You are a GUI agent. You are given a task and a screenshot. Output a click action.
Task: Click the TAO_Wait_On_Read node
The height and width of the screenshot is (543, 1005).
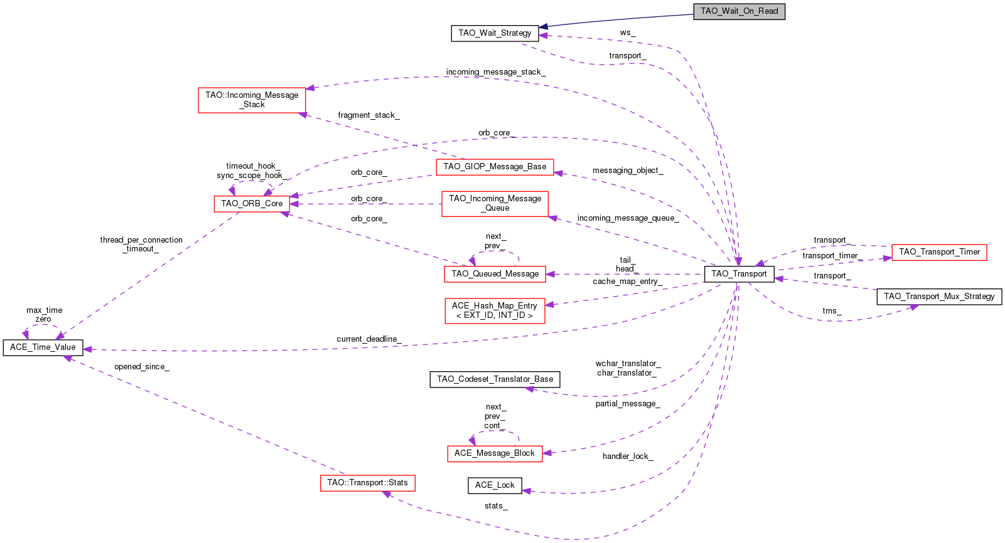point(739,11)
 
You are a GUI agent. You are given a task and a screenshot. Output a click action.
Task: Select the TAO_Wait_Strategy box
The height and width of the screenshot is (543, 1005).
point(495,33)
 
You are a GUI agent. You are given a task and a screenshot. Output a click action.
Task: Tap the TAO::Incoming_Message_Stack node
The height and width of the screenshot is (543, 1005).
point(252,100)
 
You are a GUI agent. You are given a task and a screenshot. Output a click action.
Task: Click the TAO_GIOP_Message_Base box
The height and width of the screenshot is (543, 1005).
point(495,167)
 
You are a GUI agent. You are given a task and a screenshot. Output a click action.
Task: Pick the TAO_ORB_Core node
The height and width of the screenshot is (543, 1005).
point(252,203)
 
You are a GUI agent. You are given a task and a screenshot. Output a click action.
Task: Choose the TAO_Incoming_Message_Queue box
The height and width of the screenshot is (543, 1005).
point(495,203)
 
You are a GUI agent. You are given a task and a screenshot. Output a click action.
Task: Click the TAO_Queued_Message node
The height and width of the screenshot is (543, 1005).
point(495,273)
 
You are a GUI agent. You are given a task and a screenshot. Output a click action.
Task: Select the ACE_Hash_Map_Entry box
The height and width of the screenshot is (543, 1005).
point(495,310)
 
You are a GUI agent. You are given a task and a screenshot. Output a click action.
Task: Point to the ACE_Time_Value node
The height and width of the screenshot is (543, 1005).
point(43,347)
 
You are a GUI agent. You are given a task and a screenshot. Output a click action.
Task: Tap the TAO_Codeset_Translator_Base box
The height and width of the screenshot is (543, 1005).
point(495,379)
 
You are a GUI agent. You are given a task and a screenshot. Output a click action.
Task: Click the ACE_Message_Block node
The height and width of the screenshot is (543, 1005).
point(495,453)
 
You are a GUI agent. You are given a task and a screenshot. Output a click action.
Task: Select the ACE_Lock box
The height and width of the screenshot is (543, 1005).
point(495,485)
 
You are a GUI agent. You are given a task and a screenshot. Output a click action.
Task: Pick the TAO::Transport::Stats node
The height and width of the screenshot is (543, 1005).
point(367,483)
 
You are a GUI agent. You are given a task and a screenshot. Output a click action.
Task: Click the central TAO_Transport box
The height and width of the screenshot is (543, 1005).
point(739,274)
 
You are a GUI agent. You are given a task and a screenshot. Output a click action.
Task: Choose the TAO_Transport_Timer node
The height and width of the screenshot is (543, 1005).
point(939,252)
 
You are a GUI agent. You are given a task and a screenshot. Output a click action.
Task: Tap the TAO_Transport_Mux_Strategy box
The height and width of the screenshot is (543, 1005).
point(939,297)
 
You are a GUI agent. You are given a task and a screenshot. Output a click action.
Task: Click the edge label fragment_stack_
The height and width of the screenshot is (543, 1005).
point(368,115)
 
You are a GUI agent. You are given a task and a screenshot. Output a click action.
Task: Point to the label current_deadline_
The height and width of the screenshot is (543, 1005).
point(368,339)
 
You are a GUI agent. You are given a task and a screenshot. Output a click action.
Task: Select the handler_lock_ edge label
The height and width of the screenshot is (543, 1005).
point(628,456)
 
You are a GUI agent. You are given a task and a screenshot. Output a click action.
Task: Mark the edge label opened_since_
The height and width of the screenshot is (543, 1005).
point(141,367)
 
